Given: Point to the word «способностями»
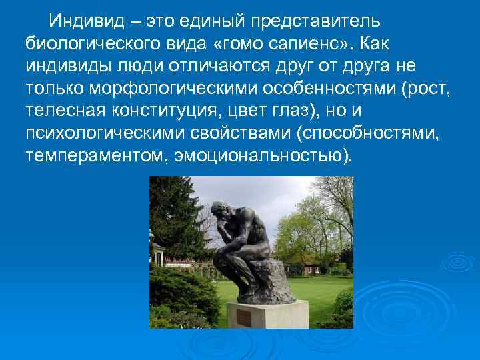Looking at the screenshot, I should click(x=375, y=133).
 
